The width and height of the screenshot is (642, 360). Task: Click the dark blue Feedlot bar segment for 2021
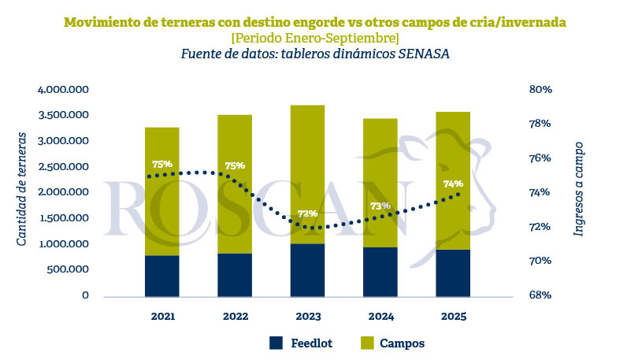point(162,276)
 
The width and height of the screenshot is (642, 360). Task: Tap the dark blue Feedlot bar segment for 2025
point(453,273)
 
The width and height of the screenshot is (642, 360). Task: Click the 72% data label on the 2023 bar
point(307,213)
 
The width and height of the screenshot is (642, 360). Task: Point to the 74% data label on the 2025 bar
point(453,184)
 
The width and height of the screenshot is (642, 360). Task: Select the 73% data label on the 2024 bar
point(380,206)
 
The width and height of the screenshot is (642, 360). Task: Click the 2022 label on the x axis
point(235,317)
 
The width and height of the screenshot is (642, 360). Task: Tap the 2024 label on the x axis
point(380,317)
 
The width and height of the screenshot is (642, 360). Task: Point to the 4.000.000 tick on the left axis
point(63,90)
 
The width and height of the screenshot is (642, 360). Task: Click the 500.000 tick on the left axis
point(69,269)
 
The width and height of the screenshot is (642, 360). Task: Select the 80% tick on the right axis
point(540,90)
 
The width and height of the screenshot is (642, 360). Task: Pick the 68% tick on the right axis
point(540,295)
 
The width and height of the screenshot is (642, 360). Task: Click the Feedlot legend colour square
point(276,343)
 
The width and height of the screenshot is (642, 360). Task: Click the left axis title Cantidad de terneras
point(23,189)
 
